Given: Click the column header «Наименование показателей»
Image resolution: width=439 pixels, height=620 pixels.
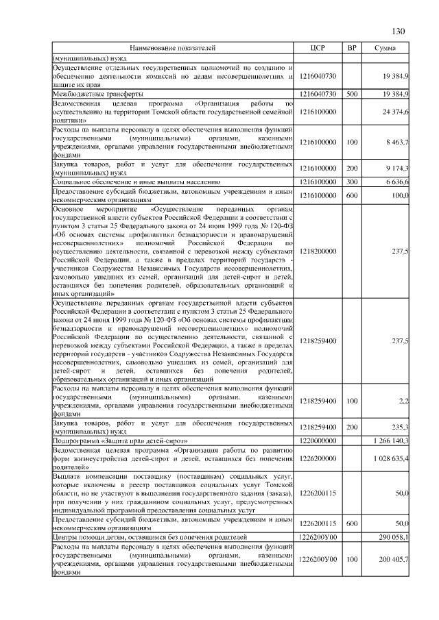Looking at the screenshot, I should pos(173,48).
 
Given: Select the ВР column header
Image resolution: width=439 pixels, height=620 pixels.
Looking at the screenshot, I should pos(352,48).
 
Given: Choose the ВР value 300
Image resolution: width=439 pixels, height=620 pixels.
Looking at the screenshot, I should pos(352,182).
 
